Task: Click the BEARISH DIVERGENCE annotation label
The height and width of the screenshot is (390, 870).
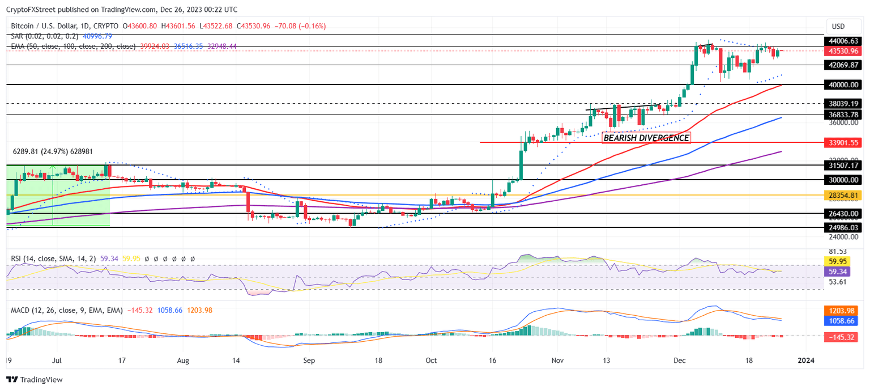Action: pyautogui.click(x=646, y=138)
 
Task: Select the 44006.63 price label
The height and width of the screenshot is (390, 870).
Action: pyautogui.click(x=844, y=41)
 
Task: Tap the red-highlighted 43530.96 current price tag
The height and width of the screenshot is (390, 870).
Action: pyautogui.click(x=844, y=51)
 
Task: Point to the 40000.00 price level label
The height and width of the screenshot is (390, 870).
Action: pyautogui.click(x=844, y=84)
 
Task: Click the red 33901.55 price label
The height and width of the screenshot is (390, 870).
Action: pyautogui.click(x=844, y=142)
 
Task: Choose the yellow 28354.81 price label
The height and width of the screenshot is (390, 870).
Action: pyautogui.click(x=844, y=195)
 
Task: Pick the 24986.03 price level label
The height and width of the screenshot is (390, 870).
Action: pyautogui.click(x=844, y=227)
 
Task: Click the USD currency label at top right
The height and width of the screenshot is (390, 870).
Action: pyautogui.click(x=838, y=26)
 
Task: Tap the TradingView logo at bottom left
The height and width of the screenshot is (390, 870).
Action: pyautogui.click(x=35, y=379)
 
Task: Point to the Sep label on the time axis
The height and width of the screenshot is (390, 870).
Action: pyautogui.click(x=309, y=360)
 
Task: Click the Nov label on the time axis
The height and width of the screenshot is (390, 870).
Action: pyautogui.click(x=558, y=360)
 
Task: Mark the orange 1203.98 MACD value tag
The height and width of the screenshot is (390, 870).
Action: pyautogui.click(x=844, y=311)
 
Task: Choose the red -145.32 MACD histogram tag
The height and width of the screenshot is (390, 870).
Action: pyautogui.click(x=844, y=337)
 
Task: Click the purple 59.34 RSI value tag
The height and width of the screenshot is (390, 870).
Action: pyautogui.click(x=844, y=272)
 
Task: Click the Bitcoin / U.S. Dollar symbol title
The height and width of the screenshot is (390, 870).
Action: pyautogui.click(x=47, y=26)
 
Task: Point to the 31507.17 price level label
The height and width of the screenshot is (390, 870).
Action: pyautogui.click(x=844, y=166)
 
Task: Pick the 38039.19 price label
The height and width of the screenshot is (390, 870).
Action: pyautogui.click(x=844, y=104)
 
